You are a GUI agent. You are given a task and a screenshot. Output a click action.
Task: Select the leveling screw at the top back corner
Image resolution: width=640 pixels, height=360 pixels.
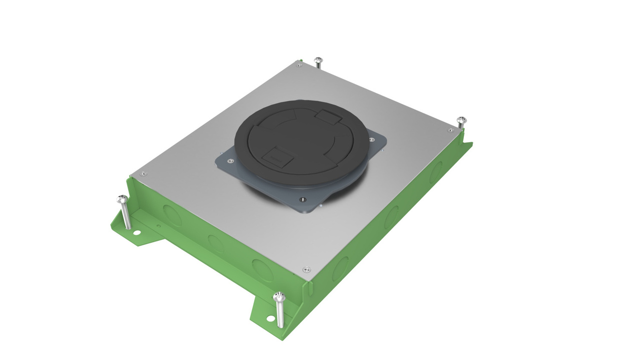(x=318, y=61)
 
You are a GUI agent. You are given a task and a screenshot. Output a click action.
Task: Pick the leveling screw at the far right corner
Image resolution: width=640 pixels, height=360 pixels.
(x=461, y=121)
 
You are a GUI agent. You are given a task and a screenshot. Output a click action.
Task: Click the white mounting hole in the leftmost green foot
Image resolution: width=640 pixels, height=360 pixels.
(x=136, y=233)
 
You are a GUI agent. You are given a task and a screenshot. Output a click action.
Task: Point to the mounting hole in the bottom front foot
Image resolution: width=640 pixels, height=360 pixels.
(x=270, y=318)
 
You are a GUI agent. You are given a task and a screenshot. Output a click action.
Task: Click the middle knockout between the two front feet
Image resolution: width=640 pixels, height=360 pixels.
(x=216, y=243)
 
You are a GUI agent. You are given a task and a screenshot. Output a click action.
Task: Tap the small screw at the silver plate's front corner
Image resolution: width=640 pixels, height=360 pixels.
(x=307, y=269)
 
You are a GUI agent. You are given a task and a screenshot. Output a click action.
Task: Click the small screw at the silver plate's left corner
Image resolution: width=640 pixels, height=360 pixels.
(x=143, y=174)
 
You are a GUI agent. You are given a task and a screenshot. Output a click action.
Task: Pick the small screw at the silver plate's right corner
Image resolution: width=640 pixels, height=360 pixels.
(x=450, y=130)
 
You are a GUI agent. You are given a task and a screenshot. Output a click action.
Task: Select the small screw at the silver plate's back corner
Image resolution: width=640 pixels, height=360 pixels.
(x=300, y=65)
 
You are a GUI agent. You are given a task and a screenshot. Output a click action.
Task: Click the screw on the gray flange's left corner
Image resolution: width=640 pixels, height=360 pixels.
(x=230, y=161)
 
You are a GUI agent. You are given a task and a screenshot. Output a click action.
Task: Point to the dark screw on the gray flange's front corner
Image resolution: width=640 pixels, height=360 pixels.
(x=302, y=200)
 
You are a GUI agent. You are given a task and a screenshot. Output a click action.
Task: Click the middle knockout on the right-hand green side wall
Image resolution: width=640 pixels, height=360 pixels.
(x=390, y=217)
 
